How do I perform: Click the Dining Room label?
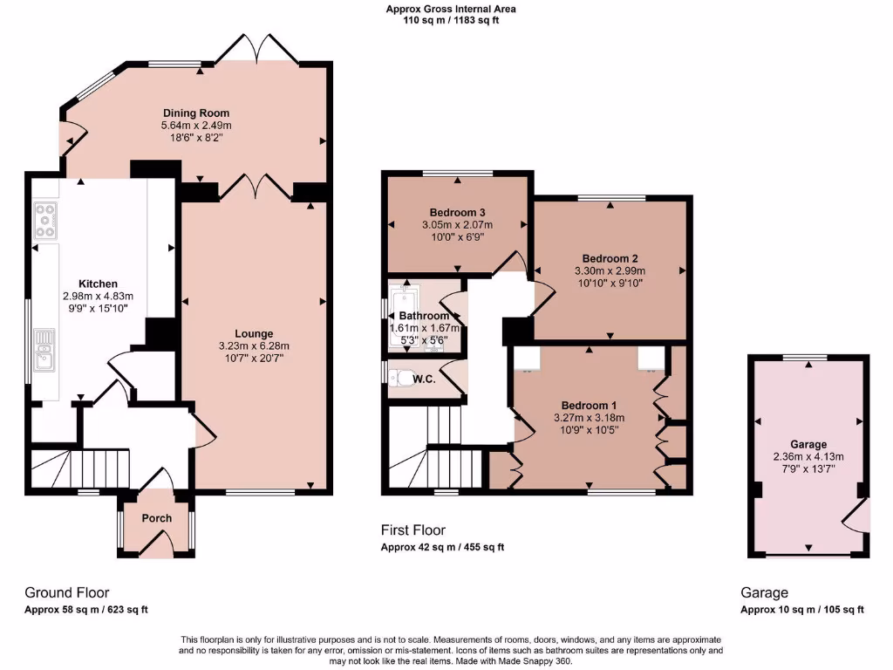point(196,113)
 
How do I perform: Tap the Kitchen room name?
point(98,284)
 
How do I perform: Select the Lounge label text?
point(254,333)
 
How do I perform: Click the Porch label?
point(157,518)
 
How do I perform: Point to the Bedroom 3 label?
point(458,212)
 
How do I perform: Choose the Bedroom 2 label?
point(610,258)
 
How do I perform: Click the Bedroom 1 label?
point(589,406)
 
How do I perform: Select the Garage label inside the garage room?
point(808,444)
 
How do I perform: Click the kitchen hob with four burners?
point(45,220)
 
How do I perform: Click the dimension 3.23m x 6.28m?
point(254,345)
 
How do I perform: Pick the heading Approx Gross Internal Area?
point(451,10)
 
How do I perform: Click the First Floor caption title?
point(413,530)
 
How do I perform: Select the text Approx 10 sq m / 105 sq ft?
point(802,610)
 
